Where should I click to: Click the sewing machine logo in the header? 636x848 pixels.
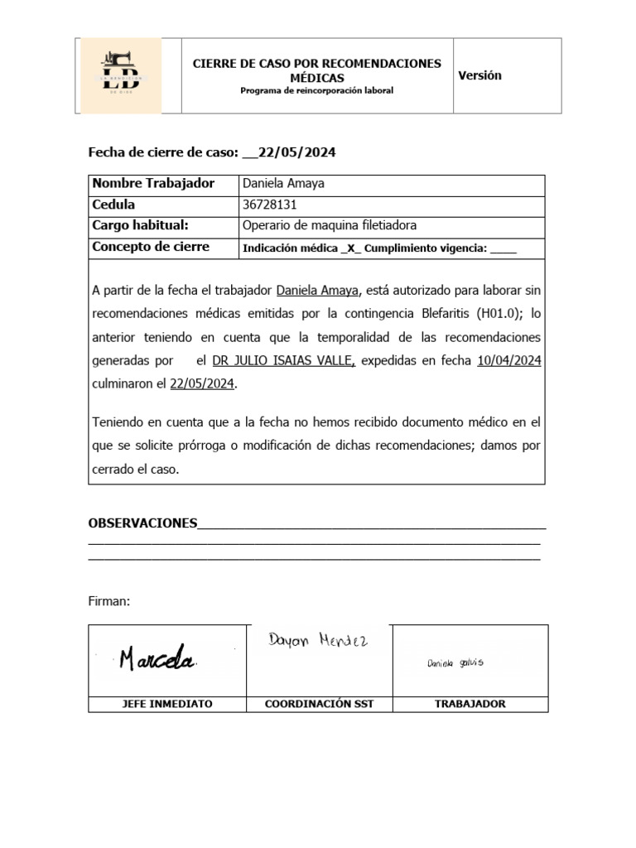[120, 75]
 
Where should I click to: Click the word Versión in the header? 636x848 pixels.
[479, 75]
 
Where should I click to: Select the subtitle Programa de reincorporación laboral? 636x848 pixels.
[316, 90]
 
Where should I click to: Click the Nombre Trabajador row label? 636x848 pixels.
[153, 184]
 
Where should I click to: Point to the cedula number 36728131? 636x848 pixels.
[269, 205]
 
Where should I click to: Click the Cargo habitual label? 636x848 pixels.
[141, 225]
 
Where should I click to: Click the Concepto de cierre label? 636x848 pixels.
[151, 247]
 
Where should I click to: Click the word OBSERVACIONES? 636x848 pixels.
[142, 523]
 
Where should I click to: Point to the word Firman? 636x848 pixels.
[109, 601]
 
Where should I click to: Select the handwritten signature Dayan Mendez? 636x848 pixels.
[318, 640]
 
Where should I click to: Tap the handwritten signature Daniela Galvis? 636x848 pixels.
[455, 662]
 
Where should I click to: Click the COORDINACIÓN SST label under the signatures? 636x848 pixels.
[319, 704]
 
